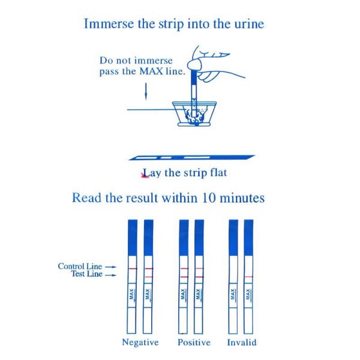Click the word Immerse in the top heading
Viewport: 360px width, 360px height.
109,23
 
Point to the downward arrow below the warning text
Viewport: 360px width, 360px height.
146,91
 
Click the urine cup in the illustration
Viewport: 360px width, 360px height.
194,114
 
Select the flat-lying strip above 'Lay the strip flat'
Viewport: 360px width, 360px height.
192,157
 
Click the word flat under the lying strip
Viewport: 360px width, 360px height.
218,173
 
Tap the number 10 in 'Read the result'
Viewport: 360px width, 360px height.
209,198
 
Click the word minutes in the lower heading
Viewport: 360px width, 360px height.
242,198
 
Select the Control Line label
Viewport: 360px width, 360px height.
80,266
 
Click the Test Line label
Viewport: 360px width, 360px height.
87,274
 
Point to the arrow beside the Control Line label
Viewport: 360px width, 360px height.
110,267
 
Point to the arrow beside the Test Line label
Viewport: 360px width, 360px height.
110,275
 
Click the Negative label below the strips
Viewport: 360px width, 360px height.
140,343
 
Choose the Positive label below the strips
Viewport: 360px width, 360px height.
194,343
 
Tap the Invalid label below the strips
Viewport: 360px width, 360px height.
242,343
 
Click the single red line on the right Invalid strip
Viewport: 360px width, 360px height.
248,277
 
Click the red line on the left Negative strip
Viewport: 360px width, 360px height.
132,268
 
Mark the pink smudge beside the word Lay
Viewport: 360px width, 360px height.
144,175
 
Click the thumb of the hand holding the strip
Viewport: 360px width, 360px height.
196,64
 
